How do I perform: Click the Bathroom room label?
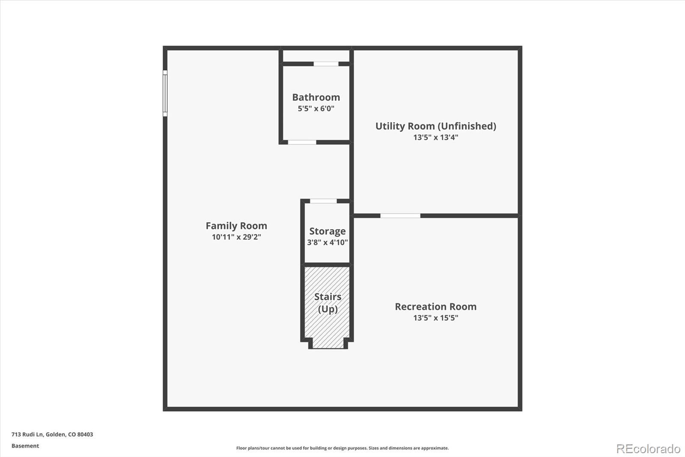click(x=316, y=97)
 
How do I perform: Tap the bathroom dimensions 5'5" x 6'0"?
click(x=316, y=108)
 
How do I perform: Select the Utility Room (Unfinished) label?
click(x=435, y=126)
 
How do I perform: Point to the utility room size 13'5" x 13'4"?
click(x=435, y=138)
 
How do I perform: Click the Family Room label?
click(x=236, y=225)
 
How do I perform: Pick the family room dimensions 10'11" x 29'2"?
click(x=236, y=237)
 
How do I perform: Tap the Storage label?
click(x=328, y=231)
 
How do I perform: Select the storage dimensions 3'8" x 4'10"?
click(x=328, y=242)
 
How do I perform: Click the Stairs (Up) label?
click(x=328, y=303)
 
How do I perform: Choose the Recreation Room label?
click(x=435, y=307)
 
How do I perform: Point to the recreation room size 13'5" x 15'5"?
click(x=435, y=318)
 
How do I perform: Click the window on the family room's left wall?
click(x=165, y=93)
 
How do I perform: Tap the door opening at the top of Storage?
click(x=323, y=201)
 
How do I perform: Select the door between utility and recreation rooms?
click(x=400, y=216)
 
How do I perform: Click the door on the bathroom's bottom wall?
click(x=302, y=142)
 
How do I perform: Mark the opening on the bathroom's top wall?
click(x=326, y=64)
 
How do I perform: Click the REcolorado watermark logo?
click(x=648, y=448)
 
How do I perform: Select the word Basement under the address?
click(x=25, y=446)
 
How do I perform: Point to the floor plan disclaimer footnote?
click(x=342, y=448)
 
